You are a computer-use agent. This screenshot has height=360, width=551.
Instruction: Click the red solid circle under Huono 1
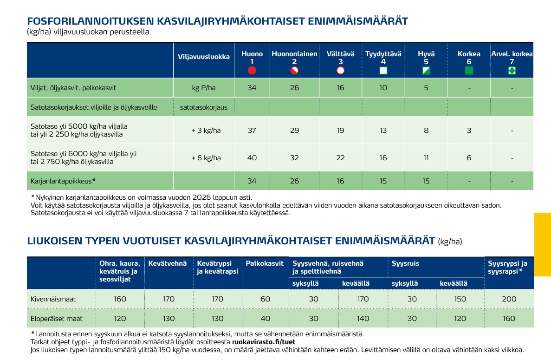252,71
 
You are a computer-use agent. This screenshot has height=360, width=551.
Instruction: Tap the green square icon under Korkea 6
469,71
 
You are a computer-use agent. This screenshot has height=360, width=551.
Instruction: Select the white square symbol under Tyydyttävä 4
383,71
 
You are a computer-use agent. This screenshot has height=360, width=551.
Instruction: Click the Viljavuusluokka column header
204,57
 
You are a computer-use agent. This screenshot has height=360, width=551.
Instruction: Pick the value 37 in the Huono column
252,131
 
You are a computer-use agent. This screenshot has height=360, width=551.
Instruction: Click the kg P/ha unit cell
204,88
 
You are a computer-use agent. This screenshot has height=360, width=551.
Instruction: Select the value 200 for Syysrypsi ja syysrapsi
509,299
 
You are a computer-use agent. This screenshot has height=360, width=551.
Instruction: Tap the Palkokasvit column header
265,263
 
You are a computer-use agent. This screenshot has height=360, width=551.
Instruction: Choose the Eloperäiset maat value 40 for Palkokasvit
265,318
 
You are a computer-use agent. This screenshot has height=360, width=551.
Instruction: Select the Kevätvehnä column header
168,263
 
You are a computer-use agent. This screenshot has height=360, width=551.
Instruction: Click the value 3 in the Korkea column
469,131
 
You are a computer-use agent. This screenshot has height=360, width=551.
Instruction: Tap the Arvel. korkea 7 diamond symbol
512,71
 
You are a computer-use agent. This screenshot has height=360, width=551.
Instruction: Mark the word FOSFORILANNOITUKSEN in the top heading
91,21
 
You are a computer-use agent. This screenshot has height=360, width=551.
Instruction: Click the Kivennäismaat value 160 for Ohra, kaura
120,299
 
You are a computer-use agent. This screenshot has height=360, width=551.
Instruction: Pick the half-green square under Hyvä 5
426,71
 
